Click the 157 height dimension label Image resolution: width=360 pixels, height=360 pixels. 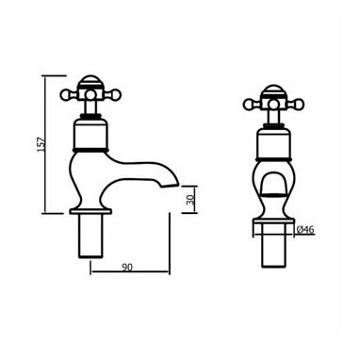tap(41, 144)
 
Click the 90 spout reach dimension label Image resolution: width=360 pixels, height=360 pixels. tap(127, 267)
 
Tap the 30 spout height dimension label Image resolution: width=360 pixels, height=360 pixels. tap(190, 200)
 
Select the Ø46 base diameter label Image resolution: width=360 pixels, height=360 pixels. tap(305, 230)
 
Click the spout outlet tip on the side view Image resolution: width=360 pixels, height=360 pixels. tap(170, 187)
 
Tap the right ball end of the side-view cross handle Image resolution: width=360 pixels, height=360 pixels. tap(118, 93)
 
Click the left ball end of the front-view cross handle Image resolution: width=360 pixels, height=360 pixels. tap(248, 104)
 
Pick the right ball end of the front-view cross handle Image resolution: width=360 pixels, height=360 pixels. tap(300, 104)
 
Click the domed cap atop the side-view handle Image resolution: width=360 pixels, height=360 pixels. tap(91, 81)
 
